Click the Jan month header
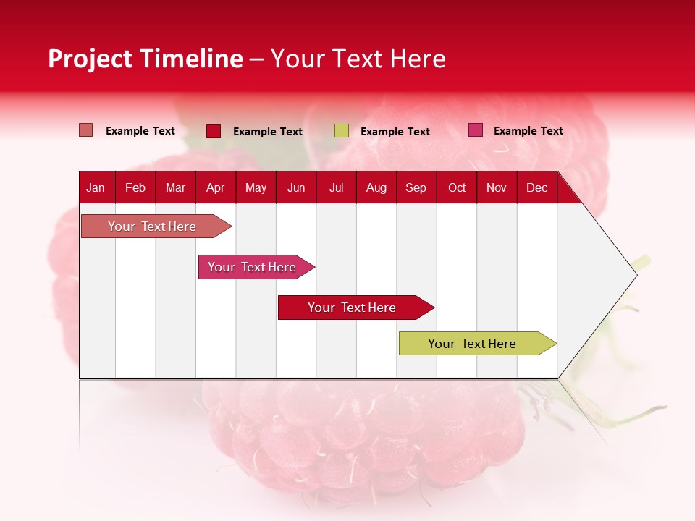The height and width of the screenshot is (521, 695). tap(96, 188)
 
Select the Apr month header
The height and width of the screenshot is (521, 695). tap(215, 188)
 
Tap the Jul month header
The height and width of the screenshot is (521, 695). tap(336, 188)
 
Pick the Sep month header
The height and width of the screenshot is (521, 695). tap(416, 188)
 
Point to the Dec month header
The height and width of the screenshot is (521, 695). tap(536, 188)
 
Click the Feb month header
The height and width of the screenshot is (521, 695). tap(135, 188)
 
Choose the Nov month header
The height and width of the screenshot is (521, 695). tap(497, 188)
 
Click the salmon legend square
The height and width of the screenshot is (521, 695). tap(85, 130)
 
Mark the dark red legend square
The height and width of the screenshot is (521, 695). tap(214, 131)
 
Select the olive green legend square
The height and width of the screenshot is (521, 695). tap(342, 131)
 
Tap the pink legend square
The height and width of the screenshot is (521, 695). tap(475, 130)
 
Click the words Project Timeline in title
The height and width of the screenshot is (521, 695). tap(145, 59)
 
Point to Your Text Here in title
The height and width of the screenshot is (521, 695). tap(358, 59)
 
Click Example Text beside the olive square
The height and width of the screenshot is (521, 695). tap(395, 132)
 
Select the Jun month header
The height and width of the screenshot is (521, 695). tap(296, 188)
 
